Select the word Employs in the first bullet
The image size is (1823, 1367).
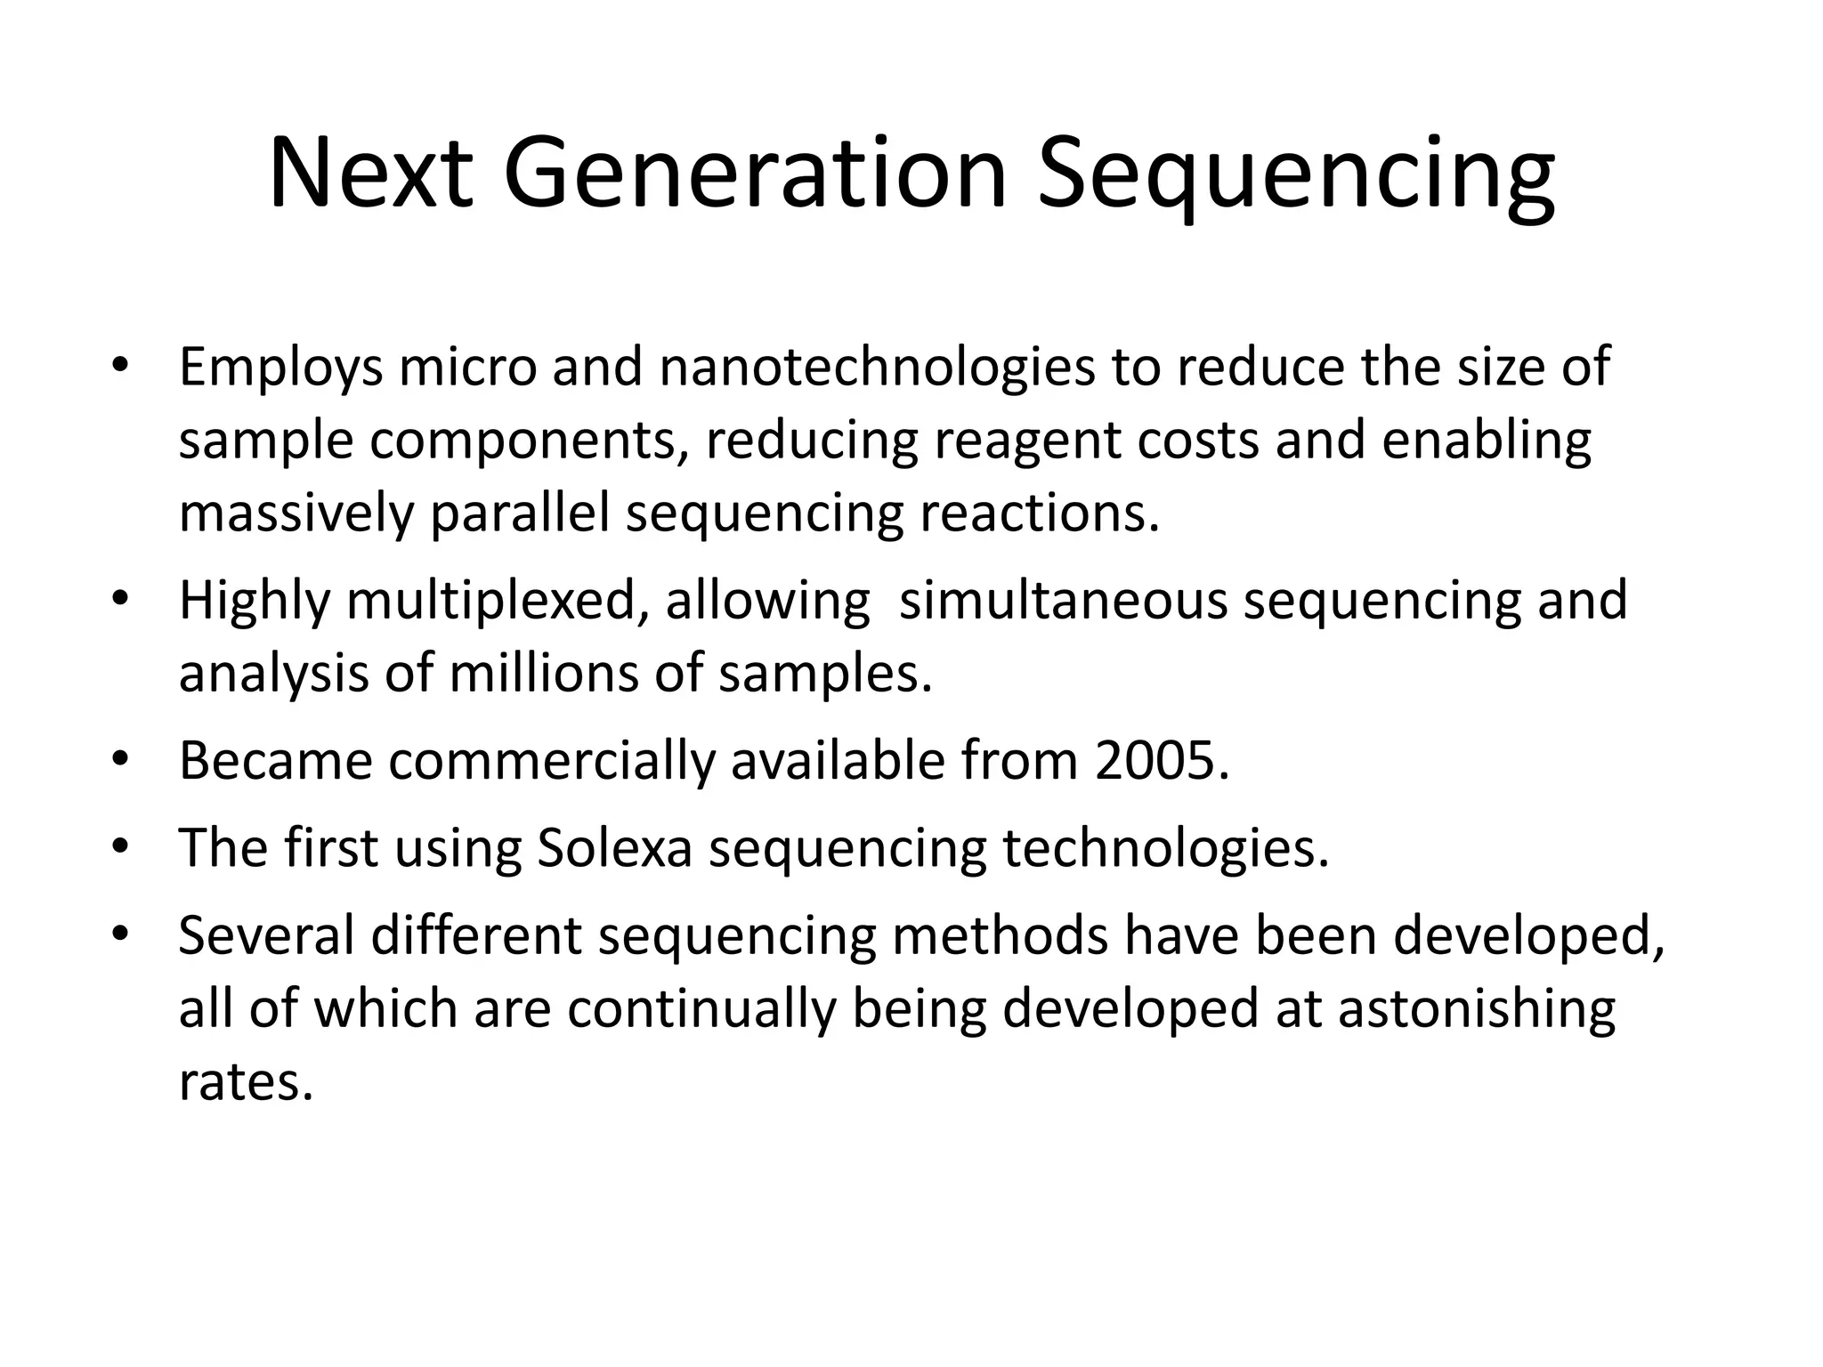[x=281, y=368]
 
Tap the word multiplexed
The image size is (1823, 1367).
[x=498, y=601]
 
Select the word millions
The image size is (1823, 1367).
[x=543, y=674]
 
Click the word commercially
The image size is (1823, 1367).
[x=552, y=761]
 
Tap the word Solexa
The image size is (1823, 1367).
[x=615, y=848]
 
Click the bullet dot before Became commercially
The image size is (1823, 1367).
[x=121, y=760]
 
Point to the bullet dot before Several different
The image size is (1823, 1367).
[x=121, y=934]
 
